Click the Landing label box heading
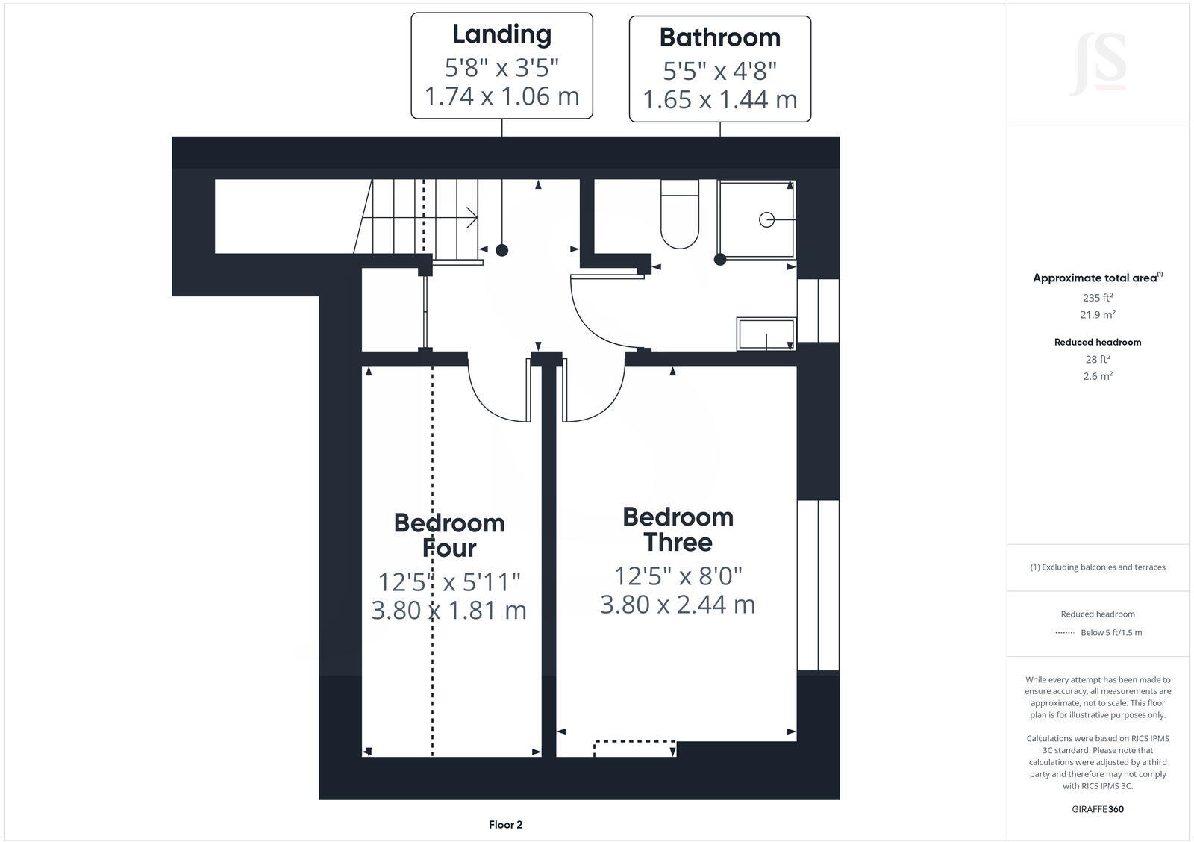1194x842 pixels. pyautogui.click(x=501, y=34)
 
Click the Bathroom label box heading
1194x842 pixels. pyautogui.click(x=719, y=37)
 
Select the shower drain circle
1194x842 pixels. pyautogui.click(x=766, y=219)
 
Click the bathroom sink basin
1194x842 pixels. pyautogui.click(x=766, y=334)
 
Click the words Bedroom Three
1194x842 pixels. pyautogui.click(x=678, y=529)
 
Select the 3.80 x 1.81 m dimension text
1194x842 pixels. pyautogui.click(x=448, y=611)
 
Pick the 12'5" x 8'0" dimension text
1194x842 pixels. pyautogui.click(x=678, y=576)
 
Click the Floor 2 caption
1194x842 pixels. pyautogui.click(x=505, y=825)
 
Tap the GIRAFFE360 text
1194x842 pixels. pyautogui.click(x=1098, y=809)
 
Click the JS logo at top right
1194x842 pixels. pyautogui.click(x=1098, y=64)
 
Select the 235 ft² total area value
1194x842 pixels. pyautogui.click(x=1098, y=297)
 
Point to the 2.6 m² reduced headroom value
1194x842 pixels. pyautogui.click(x=1098, y=376)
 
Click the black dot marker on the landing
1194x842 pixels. pyautogui.click(x=502, y=250)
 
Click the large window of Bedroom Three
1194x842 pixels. pyautogui.click(x=818, y=585)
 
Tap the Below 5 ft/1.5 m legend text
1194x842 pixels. pyautogui.click(x=1110, y=633)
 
